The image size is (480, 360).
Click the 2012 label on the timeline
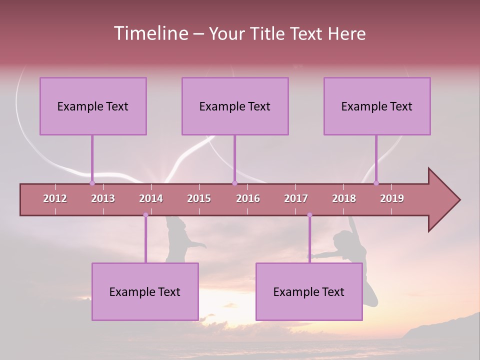55,198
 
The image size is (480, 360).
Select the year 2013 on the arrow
103,198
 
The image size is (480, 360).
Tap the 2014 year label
151,198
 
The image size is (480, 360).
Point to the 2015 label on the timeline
199,198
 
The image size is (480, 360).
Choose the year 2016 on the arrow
248,198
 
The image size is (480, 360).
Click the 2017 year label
296,198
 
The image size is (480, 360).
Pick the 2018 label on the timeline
344,198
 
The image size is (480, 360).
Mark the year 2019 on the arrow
392,198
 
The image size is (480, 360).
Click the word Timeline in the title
150,33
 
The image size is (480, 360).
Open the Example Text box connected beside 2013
93,106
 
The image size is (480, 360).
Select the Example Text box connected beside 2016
235,106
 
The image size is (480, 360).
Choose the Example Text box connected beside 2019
377,106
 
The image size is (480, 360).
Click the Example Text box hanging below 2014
145,291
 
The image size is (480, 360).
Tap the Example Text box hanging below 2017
309,291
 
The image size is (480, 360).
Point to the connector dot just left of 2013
92,183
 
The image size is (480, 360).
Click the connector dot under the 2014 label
145,215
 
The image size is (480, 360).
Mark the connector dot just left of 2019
376,183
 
